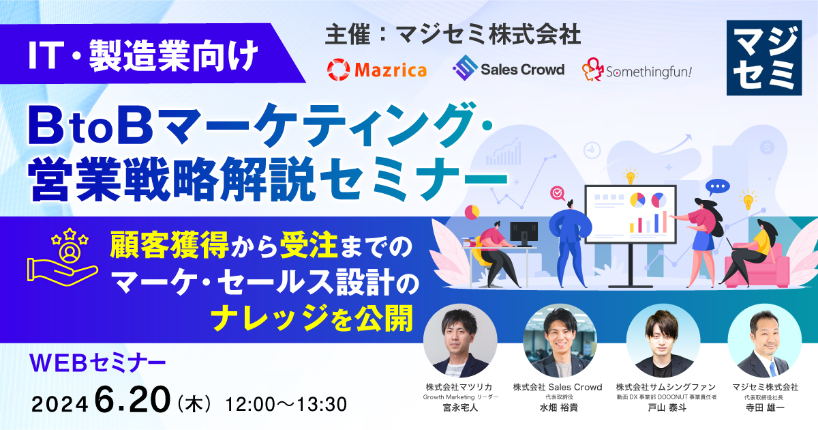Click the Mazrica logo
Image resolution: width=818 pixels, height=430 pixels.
377,70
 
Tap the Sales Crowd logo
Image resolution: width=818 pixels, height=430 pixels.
509,68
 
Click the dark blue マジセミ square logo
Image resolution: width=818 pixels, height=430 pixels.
764,58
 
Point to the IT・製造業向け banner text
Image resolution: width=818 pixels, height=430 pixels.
143,55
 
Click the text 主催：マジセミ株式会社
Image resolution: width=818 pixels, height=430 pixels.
453,34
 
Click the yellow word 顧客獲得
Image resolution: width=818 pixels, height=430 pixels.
170,244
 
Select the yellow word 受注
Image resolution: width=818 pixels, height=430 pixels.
309,244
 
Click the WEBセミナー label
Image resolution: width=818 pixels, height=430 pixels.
98,362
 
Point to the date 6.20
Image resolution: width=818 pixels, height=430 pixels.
132,399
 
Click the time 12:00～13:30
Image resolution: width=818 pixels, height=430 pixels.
286,404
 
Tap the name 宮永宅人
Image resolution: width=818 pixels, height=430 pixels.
460,407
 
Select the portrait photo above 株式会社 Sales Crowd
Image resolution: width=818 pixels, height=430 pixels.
560,341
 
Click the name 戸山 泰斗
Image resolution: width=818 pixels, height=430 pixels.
667,407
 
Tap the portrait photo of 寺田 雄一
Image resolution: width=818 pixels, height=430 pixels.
765,341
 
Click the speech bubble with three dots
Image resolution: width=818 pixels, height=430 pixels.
717,188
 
